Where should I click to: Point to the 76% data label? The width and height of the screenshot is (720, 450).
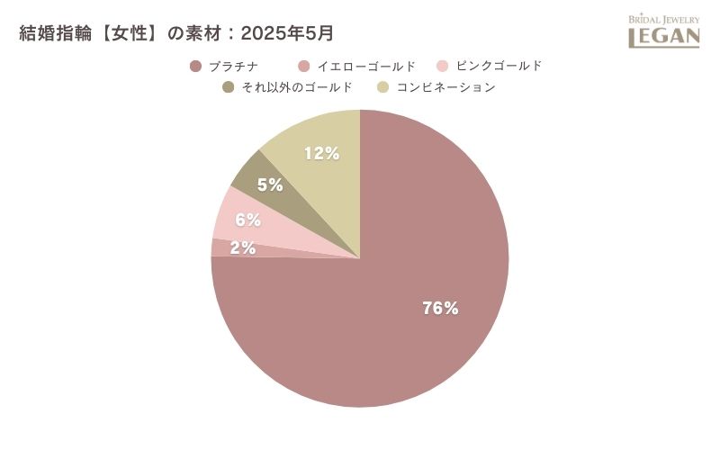(440, 308)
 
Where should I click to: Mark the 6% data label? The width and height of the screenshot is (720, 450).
(247, 220)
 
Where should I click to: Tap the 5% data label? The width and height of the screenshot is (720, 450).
(270, 185)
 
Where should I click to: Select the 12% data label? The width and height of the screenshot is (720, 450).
(321, 154)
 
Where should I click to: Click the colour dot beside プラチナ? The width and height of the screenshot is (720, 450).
(195, 66)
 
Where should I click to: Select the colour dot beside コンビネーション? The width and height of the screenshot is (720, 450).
(382, 87)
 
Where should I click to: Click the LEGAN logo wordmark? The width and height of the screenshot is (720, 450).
(663, 37)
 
